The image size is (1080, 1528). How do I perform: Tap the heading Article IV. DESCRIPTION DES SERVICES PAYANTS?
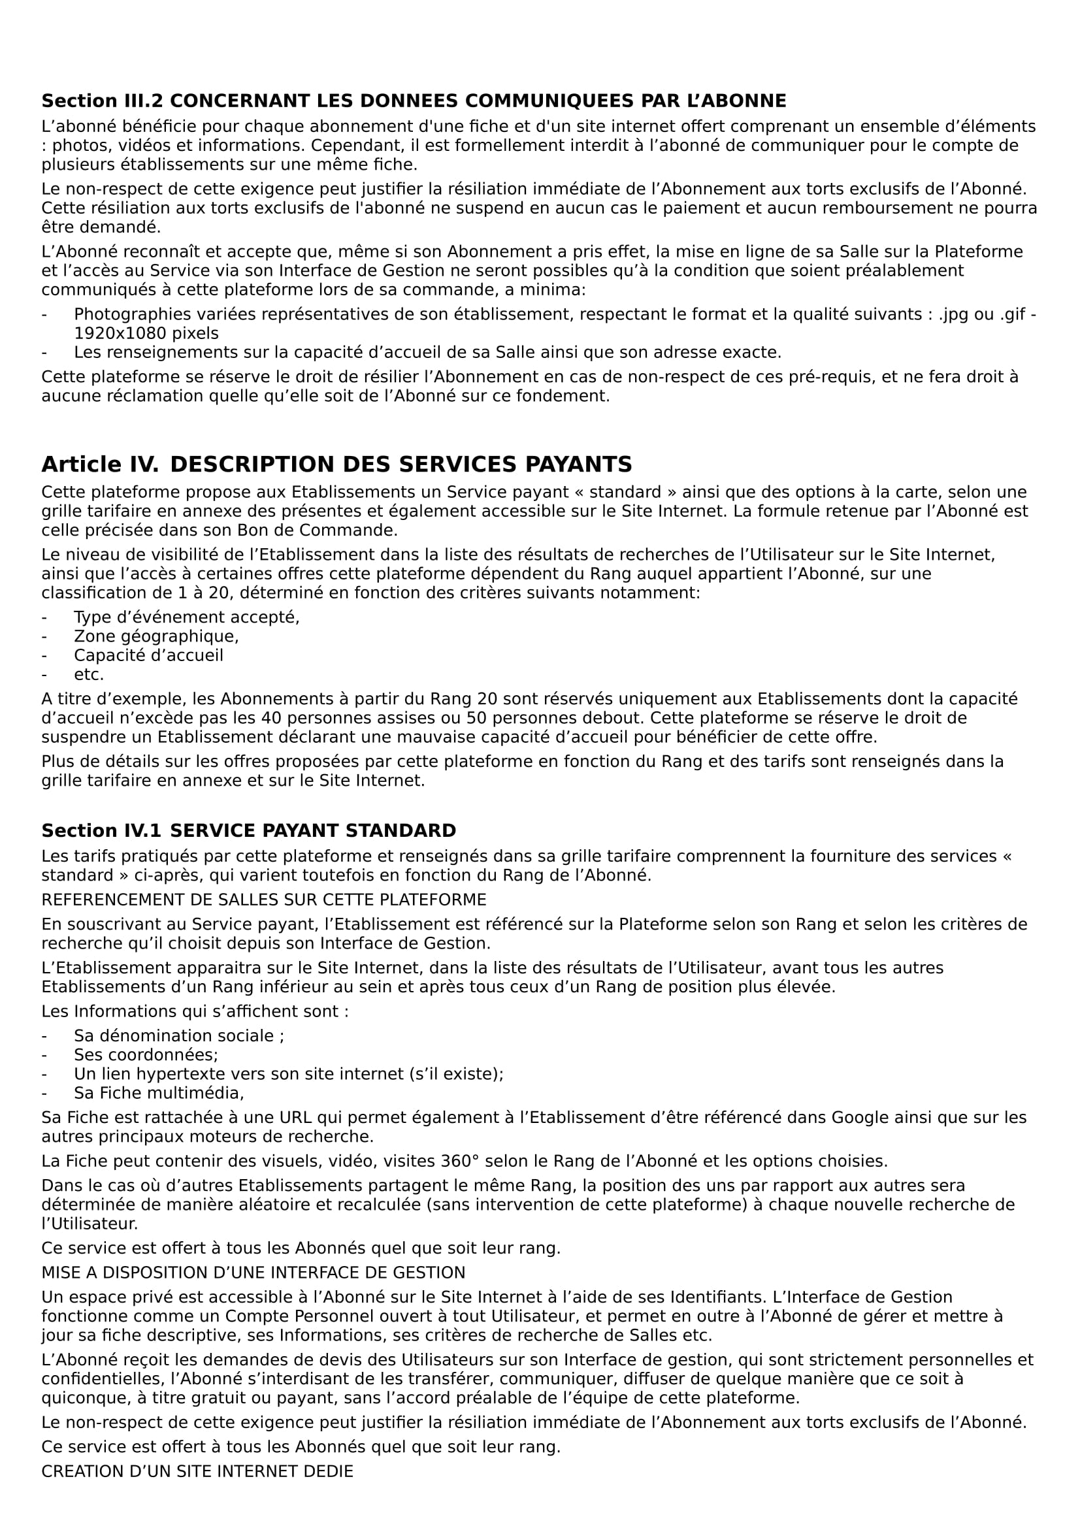coord(336,464)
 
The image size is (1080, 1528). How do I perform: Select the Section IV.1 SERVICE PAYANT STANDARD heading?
coord(248,830)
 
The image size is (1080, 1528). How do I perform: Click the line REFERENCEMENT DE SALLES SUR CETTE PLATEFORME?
coord(263,900)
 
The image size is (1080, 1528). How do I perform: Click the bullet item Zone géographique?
coord(155,636)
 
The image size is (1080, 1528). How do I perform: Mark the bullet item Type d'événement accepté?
coord(186,617)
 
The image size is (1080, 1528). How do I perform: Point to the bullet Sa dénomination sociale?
coord(178,1035)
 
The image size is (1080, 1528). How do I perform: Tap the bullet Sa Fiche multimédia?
coord(158,1093)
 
